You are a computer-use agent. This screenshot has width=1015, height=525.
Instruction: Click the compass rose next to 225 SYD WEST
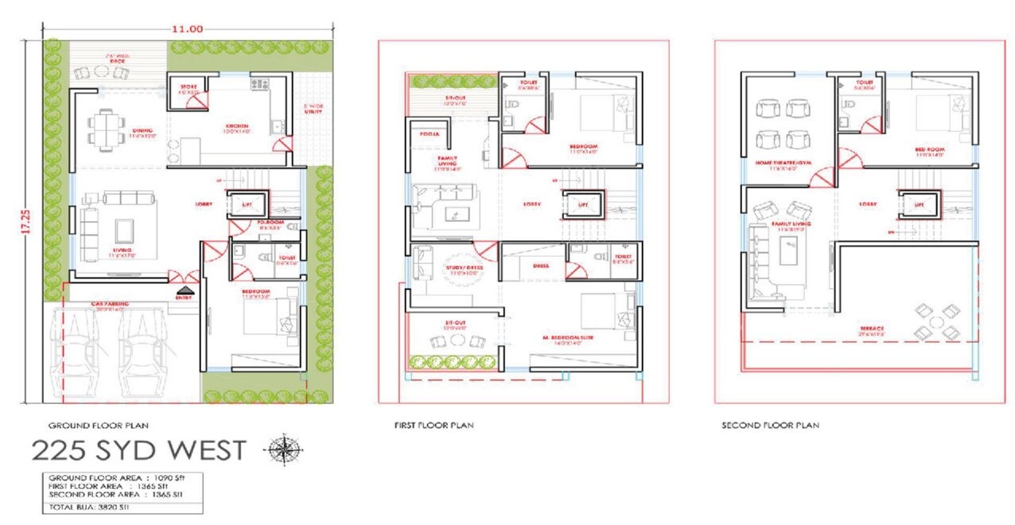tap(282, 449)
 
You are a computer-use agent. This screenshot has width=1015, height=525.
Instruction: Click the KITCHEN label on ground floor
tap(236, 126)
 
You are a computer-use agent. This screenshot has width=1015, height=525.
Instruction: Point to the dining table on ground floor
tap(104, 126)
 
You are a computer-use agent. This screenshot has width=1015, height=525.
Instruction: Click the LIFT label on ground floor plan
tap(247, 205)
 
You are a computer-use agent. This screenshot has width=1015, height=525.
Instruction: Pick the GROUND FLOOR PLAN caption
tap(99, 426)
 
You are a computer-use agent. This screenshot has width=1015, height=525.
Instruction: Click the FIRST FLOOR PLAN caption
tap(434, 426)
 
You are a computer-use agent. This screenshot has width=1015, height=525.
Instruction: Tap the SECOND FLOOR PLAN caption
tap(770, 426)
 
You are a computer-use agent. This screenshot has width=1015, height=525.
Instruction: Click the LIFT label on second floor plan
tap(919, 204)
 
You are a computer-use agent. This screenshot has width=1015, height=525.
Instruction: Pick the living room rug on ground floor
tap(125, 231)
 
